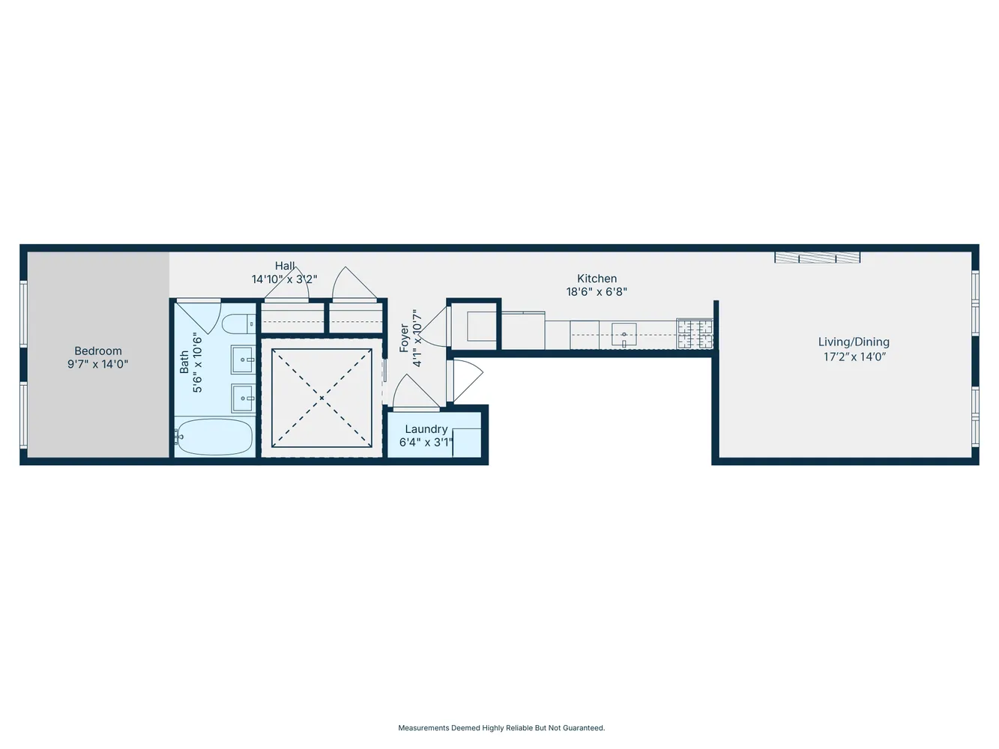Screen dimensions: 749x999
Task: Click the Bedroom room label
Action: click(x=97, y=351)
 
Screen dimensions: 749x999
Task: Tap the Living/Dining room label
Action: click(x=854, y=342)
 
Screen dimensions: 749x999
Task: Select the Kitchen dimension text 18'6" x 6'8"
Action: click(x=597, y=292)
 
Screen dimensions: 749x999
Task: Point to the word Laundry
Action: click(x=426, y=429)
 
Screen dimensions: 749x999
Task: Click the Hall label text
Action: click(x=285, y=266)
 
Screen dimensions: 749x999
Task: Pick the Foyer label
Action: click(x=405, y=339)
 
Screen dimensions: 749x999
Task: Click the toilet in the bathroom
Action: click(x=240, y=324)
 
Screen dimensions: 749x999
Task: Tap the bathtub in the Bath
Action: click(x=214, y=437)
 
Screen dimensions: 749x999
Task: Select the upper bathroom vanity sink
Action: click(x=243, y=360)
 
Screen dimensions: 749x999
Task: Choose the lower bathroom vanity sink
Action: click(x=243, y=398)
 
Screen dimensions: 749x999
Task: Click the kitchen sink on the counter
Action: click(x=624, y=335)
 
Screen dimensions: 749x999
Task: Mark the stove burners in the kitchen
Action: click(x=694, y=334)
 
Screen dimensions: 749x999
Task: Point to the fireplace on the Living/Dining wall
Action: click(x=817, y=258)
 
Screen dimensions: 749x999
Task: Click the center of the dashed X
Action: click(x=322, y=398)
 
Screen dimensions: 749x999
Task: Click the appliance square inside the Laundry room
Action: click(x=466, y=442)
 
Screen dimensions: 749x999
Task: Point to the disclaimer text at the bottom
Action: click(x=501, y=728)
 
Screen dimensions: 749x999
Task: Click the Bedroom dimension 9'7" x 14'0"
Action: click(x=97, y=365)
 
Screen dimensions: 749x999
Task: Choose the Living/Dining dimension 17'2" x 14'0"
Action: click(x=854, y=357)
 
